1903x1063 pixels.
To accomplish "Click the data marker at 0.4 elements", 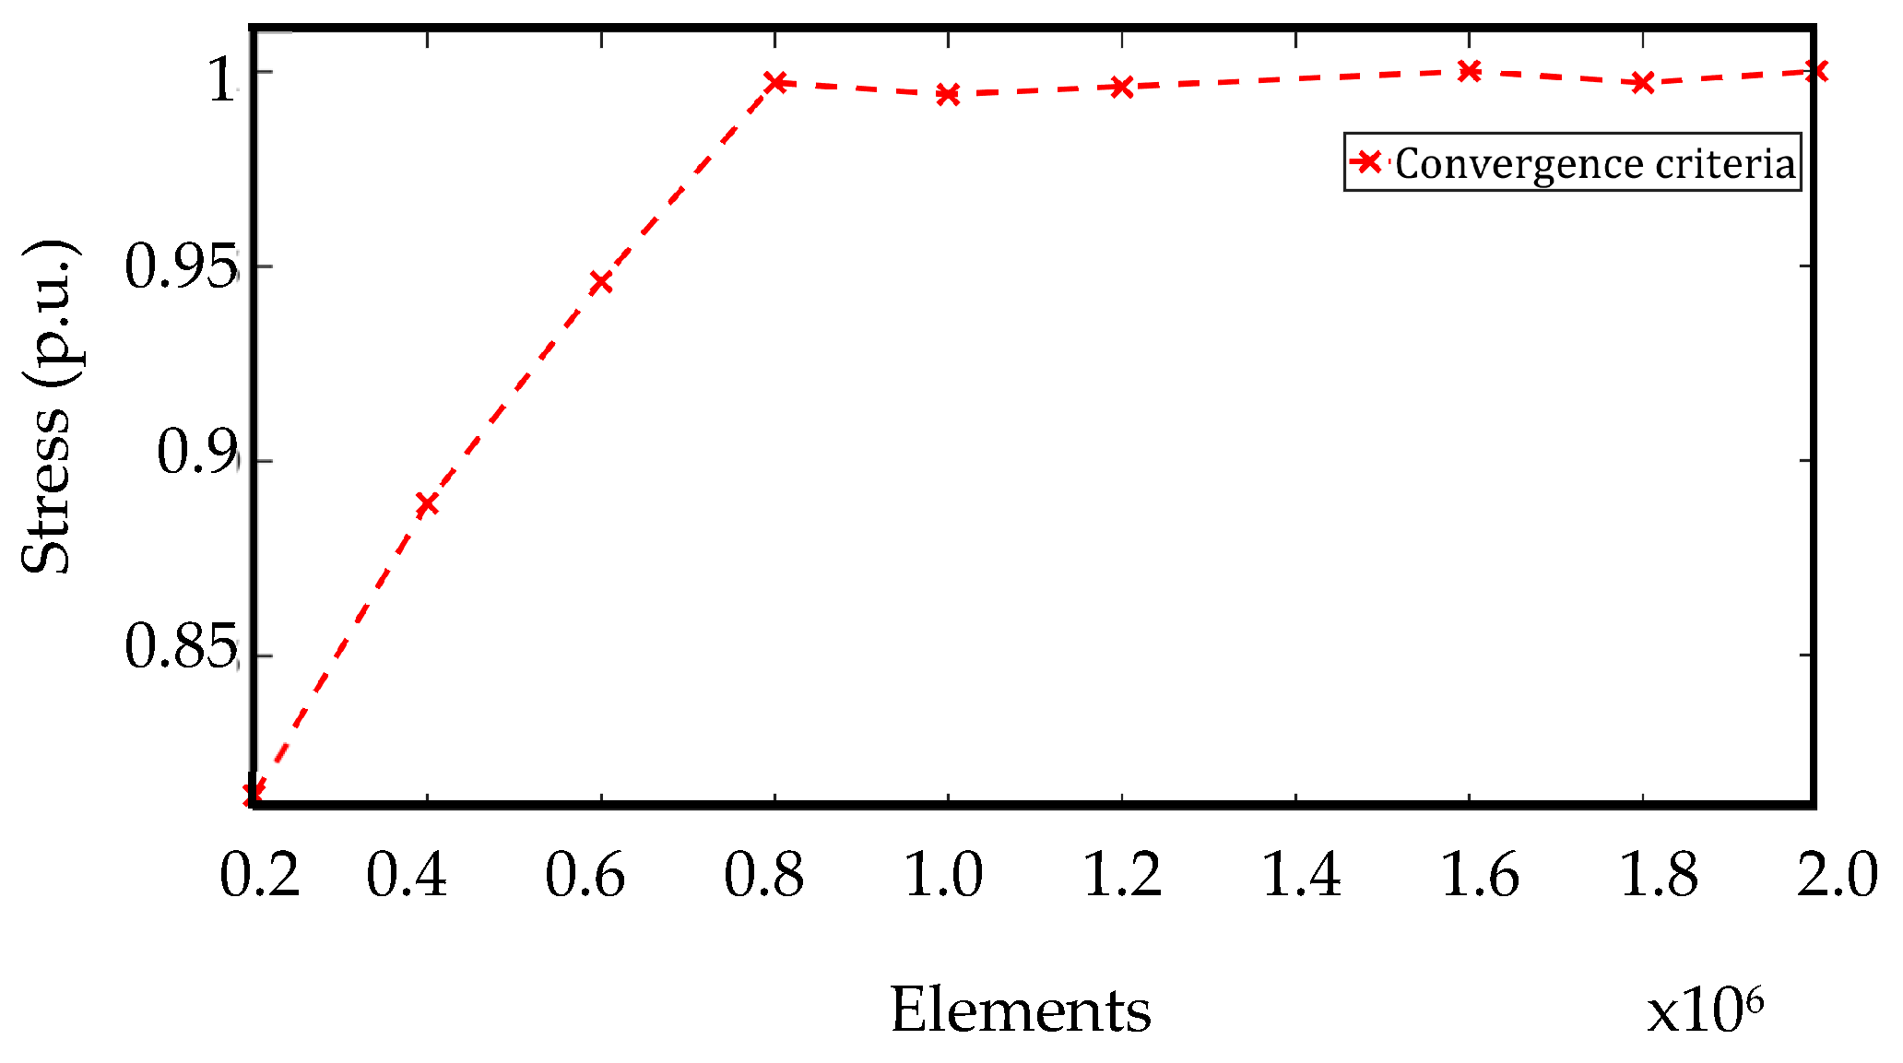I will pyautogui.click(x=426, y=504).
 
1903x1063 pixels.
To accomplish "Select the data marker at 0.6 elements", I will pyautogui.click(x=600, y=282).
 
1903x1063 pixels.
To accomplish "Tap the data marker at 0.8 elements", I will pyautogui.click(x=776, y=83).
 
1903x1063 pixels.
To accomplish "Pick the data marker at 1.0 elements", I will pyautogui.click(x=948, y=94).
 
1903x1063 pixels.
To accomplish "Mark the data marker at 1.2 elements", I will pyautogui.click(x=1121, y=88).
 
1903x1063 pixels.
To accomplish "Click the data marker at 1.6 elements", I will pyautogui.click(x=1469, y=71).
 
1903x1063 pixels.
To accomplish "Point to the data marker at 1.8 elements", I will pyautogui.click(x=1642, y=83).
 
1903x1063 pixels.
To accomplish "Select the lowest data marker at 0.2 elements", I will pyautogui.click(x=254, y=792).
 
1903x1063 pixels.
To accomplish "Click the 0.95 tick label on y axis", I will pyautogui.click(x=179, y=267).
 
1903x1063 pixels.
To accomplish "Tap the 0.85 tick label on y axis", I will pyautogui.click(x=179, y=646).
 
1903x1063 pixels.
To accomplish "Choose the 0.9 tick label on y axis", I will pyautogui.click(x=195, y=453).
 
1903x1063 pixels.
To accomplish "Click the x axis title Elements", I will pyautogui.click(x=1020, y=1010).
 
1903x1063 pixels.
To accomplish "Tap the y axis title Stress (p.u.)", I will pyautogui.click(x=46, y=406).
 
